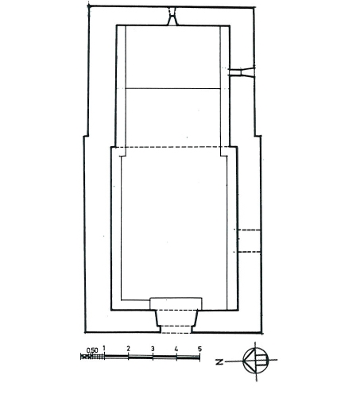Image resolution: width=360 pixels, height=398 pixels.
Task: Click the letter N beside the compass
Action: coord(219,361)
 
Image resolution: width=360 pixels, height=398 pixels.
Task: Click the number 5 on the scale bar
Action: coord(199,349)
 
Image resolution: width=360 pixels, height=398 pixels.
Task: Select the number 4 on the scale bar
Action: coord(176,349)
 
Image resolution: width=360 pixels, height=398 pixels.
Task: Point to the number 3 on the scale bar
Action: coord(153,349)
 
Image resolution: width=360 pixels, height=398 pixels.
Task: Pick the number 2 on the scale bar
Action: coord(129,349)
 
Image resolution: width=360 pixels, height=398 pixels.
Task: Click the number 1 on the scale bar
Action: coord(104,348)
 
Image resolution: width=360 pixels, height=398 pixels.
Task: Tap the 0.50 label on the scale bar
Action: coord(92,350)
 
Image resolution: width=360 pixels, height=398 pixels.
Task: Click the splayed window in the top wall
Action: coord(172,17)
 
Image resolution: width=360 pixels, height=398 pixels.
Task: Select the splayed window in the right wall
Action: coord(242,72)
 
